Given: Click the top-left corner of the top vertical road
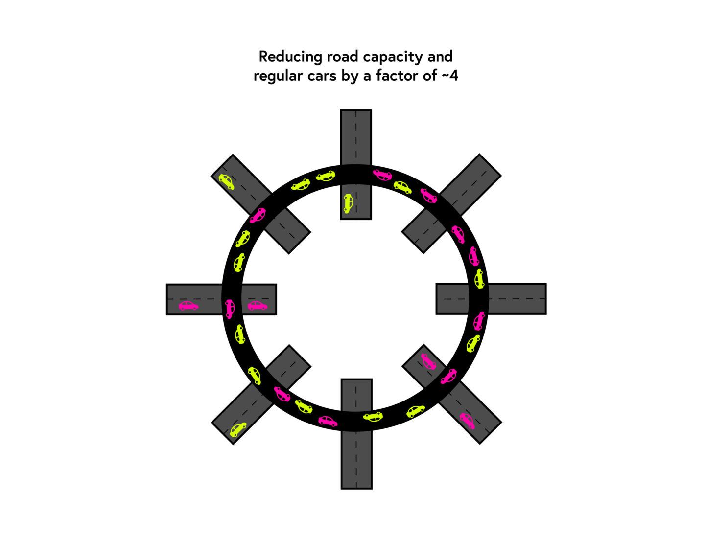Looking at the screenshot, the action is click(x=340, y=110).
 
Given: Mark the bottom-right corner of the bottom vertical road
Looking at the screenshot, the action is click(x=372, y=489).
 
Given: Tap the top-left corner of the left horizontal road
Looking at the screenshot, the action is click(x=166, y=284).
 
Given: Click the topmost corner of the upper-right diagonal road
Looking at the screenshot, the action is click(x=479, y=154).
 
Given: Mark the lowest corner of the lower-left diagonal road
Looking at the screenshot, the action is click(x=233, y=445).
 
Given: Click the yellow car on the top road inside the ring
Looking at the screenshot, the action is click(x=348, y=203).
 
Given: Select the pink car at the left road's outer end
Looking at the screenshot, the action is click(x=188, y=306).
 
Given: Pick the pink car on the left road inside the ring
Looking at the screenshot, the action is click(x=258, y=306).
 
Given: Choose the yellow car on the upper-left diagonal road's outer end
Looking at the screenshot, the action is click(x=227, y=182).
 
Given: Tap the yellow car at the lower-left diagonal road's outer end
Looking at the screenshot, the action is click(x=238, y=429).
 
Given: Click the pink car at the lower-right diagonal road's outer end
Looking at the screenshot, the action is click(x=467, y=421).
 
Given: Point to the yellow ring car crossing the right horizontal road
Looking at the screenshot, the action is click(x=479, y=279).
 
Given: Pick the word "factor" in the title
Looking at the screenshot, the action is click(x=397, y=76).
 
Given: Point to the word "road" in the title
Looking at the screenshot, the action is click(x=342, y=57).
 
